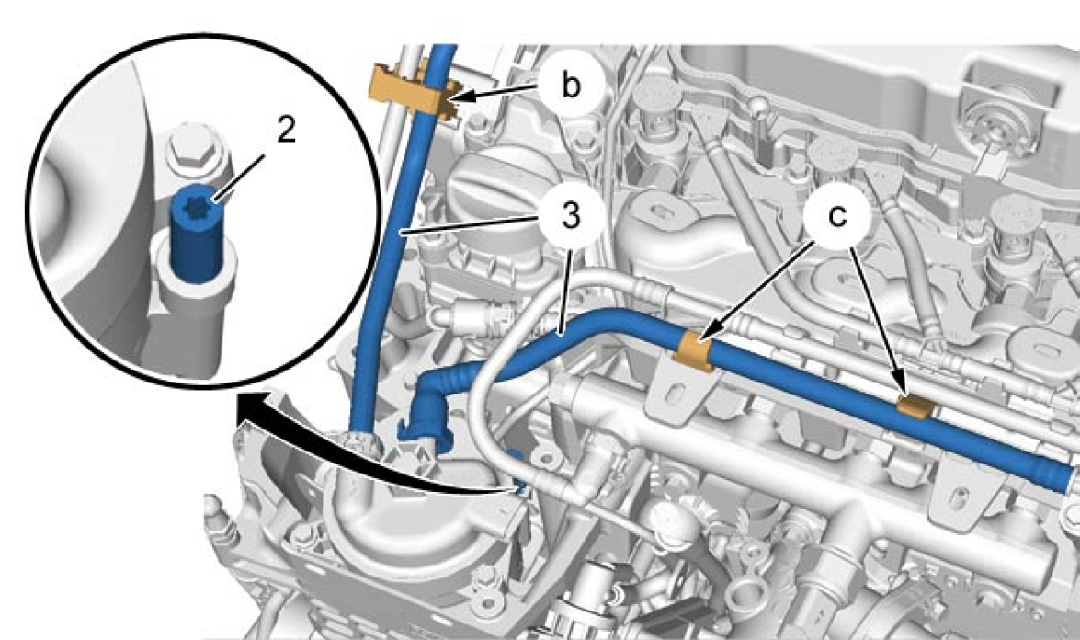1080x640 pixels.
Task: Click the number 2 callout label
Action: tap(286, 130)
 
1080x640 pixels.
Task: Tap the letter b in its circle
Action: tap(570, 86)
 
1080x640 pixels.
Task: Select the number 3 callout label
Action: tap(570, 215)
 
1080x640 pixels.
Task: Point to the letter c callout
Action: tap(837, 215)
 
